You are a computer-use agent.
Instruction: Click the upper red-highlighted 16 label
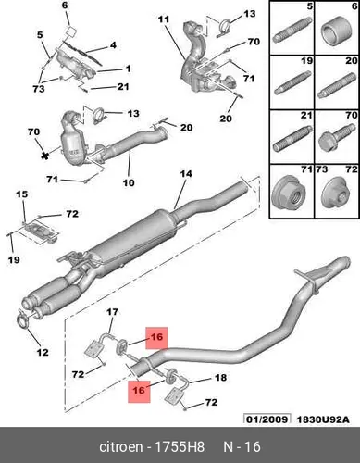[x=156, y=336]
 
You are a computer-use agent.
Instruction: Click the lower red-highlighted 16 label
[x=139, y=390]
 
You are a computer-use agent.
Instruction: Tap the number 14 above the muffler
[x=186, y=174]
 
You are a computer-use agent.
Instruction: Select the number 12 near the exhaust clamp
[x=43, y=352]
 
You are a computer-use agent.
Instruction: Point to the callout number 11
[x=164, y=19]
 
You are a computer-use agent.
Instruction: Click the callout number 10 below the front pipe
[x=129, y=182]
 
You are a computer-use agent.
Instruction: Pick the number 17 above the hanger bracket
[x=112, y=312]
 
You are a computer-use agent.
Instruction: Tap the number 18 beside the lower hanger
[x=220, y=378]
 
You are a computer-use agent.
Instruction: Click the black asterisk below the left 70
[x=45, y=155]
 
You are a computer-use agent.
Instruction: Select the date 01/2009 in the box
[x=267, y=419]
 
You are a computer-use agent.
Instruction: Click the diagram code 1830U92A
[x=323, y=419]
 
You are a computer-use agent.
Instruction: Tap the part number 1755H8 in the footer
[x=179, y=447]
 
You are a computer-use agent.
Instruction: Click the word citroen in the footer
[x=121, y=447]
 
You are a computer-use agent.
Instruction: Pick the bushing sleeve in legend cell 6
[x=337, y=31]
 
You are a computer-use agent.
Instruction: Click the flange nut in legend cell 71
[x=290, y=193]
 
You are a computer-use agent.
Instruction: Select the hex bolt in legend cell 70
[x=336, y=137]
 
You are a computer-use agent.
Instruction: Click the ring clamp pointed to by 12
[x=22, y=319]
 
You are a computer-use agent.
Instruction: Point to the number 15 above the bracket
[x=22, y=194]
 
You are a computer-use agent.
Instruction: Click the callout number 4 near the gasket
[x=113, y=45]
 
